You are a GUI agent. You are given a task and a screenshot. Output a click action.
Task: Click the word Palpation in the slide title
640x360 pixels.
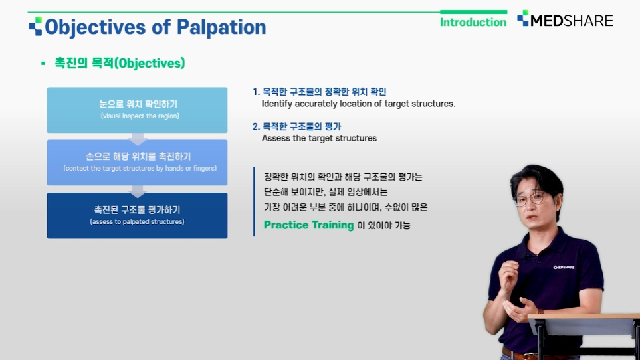coord(221,28)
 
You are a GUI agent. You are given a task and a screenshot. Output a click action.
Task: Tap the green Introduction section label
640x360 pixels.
coord(473,22)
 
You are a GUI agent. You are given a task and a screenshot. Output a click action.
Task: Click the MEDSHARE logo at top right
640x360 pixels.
coord(565,19)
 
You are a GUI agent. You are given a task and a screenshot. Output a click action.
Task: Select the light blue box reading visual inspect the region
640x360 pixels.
coord(137,110)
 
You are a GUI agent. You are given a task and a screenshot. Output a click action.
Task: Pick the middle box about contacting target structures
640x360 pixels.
coord(137,163)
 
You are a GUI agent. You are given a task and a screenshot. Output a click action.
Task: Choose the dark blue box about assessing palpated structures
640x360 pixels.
coord(137,216)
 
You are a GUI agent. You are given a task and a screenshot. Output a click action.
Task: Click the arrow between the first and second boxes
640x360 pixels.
coord(138,139)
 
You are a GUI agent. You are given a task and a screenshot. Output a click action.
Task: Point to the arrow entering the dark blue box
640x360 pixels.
coord(138,191)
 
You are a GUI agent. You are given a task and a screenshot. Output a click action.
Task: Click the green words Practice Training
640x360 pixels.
coord(308,225)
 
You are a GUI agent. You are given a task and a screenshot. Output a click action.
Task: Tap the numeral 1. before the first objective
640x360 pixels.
coord(256,92)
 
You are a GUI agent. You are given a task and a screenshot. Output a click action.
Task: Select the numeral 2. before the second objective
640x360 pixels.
coord(256,126)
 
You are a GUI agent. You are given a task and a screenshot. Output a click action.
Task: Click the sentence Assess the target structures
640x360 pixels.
coord(319,138)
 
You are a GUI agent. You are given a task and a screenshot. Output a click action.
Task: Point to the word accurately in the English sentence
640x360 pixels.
coord(314,104)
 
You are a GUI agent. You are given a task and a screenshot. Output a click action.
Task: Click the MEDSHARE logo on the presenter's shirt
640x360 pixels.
coord(564,268)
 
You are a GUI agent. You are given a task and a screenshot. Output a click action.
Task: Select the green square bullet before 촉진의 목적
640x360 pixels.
coord(43,63)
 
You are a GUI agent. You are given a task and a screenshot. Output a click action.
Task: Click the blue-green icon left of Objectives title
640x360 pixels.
coord(35,26)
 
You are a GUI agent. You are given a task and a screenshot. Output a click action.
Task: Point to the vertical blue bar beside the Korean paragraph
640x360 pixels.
coord(254,201)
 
